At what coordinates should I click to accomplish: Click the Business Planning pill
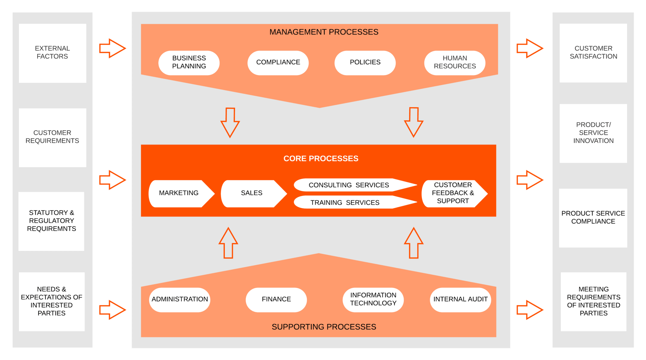[189, 62]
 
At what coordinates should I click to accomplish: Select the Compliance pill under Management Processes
[278, 62]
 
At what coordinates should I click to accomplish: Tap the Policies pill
[365, 62]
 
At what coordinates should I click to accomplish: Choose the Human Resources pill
[455, 62]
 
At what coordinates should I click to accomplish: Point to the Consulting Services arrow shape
[350, 185]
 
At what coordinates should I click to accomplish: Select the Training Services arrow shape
[347, 203]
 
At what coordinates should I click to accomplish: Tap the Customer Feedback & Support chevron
[453, 193]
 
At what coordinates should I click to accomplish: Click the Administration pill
[179, 299]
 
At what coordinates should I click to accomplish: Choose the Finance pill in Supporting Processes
[276, 299]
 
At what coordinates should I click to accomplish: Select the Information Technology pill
[373, 299]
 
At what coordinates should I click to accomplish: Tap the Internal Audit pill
[460, 299]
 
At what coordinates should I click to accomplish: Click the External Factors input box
[52, 53]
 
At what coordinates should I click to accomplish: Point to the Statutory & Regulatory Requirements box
[51, 221]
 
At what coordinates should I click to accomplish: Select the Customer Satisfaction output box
[593, 53]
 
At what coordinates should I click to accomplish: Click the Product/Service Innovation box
[593, 133]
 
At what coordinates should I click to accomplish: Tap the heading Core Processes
[320, 158]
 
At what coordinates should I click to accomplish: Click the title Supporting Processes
[324, 327]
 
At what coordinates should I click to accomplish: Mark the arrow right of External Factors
[112, 48]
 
